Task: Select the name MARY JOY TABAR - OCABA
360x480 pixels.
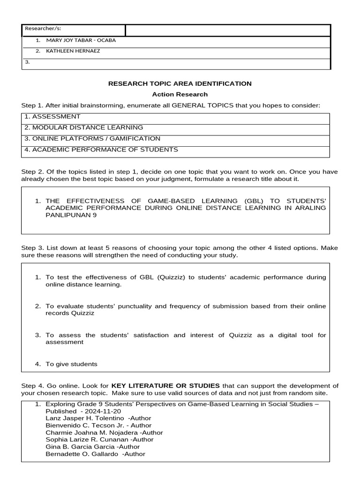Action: point(81,40)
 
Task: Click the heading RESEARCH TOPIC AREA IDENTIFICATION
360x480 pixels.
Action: point(180,84)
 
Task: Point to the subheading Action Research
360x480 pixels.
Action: point(180,95)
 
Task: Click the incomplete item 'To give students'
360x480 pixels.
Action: point(71,364)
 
